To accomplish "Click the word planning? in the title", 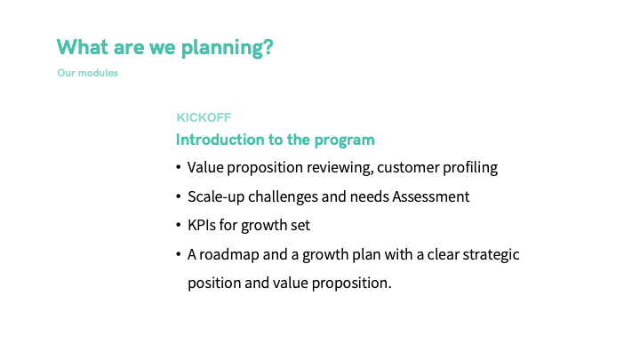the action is (227, 48).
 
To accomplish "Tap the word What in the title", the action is (83, 46).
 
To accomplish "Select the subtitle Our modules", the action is (88, 73).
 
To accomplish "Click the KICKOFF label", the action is (204, 117).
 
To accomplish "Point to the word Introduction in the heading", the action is (220, 140).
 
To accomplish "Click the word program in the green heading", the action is (344, 140).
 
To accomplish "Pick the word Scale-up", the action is (216, 197).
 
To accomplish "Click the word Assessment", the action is (430, 196).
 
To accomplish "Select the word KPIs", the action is (202, 225).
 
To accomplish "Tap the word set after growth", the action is (300, 225).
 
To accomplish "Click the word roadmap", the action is (229, 255).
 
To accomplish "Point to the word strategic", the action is (491, 255).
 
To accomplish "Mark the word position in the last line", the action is (214, 284).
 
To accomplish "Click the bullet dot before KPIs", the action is (179, 225).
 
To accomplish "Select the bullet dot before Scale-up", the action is (179, 196).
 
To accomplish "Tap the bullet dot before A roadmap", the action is (179, 254).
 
